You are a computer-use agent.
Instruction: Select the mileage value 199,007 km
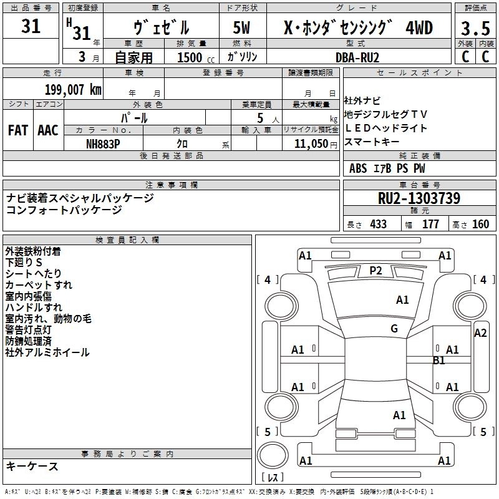coord(72,89)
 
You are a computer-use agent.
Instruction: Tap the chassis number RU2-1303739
coord(419,198)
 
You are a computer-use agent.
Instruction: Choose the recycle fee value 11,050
coord(311,143)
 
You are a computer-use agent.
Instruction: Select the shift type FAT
coord(17,130)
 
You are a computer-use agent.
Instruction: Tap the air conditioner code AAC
coord(47,130)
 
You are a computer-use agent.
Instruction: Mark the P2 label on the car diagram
coord(375,270)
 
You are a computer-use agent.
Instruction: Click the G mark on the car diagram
coord(394,328)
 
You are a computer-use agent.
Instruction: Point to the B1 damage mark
coord(438,360)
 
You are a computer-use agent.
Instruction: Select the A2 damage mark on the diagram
coord(480,333)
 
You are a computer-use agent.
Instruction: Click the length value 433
coord(378,224)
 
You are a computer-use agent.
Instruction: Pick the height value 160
coord(480,224)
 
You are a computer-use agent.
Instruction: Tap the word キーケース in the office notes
coord(32,466)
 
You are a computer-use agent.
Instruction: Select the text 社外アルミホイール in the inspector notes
coord(47,352)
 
